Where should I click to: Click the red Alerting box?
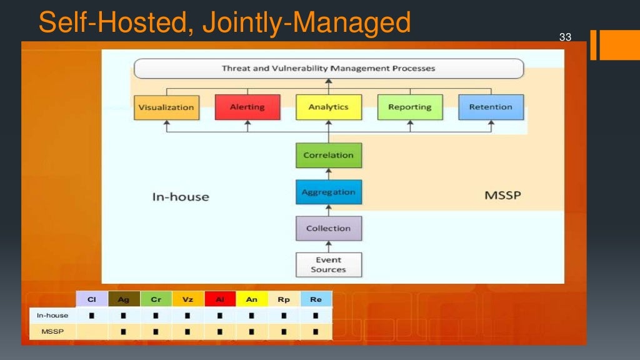point(247,107)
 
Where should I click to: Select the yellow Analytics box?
point(328,107)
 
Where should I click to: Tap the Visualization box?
point(166,107)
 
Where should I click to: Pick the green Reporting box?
point(409,107)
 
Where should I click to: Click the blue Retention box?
point(491,107)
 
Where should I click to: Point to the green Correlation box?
point(328,155)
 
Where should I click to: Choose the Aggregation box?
point(328,192)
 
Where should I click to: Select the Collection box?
point(328,228)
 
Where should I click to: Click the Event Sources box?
point(328,264)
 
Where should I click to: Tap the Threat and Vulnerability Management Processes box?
point(328,68)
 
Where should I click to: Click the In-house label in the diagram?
point(181,197)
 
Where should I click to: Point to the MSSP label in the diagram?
point(502,196)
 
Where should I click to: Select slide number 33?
point(565,37)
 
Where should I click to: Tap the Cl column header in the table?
point(92,299)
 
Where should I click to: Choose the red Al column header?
point(220,299)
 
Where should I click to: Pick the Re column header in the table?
point(316,299)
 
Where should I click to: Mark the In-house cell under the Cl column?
point(92,316)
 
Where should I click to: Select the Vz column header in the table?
point(188,299)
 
